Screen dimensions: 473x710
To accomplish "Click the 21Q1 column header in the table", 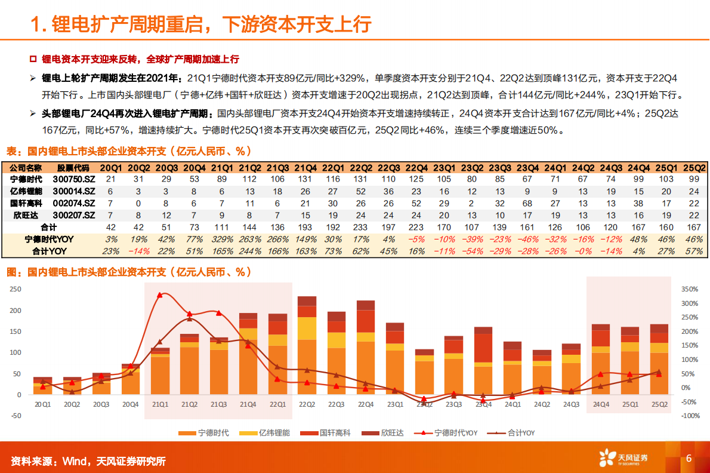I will click(x=221, y=167).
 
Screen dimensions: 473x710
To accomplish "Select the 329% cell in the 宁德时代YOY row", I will click(x=221, y=239).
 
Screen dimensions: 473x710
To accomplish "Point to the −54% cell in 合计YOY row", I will click(x=472, y=251).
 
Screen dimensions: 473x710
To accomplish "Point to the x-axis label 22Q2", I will click(x=307, y=404).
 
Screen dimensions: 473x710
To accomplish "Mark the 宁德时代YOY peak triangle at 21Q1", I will click(x=159, y=295).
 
